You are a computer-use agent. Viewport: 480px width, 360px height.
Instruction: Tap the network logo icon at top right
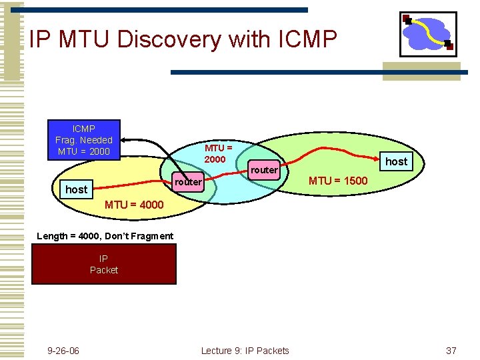[x=428, y=34]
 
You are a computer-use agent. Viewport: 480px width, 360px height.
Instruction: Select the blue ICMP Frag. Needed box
[x=84, y=140]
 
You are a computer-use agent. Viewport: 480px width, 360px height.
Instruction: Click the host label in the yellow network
[x=76, y=189]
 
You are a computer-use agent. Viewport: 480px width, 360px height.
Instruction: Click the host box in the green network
[x=396, y=161]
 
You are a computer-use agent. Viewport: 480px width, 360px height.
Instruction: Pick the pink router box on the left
[x=187, y=182]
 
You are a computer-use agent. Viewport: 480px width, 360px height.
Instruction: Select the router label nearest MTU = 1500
[x=265, y=170]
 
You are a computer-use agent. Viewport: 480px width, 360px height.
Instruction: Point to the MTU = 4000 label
[x=134, y=205]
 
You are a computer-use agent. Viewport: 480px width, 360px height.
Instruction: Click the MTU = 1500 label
[x=337, y=181]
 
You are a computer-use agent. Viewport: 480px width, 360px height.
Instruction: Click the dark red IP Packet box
[x=104, y=264]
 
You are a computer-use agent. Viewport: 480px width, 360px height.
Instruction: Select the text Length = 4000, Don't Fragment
[x=105, y=236]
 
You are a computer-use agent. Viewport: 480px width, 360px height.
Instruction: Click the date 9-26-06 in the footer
[x=63, y=351]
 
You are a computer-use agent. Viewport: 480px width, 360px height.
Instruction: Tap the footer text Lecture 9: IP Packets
[x=245, y=351]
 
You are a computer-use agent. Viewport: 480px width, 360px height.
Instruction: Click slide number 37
[x=451, y=351]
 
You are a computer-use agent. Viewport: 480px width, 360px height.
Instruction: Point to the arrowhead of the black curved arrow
[x=124, y=140]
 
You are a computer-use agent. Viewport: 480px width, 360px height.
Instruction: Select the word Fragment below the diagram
[x=153, y=236]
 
